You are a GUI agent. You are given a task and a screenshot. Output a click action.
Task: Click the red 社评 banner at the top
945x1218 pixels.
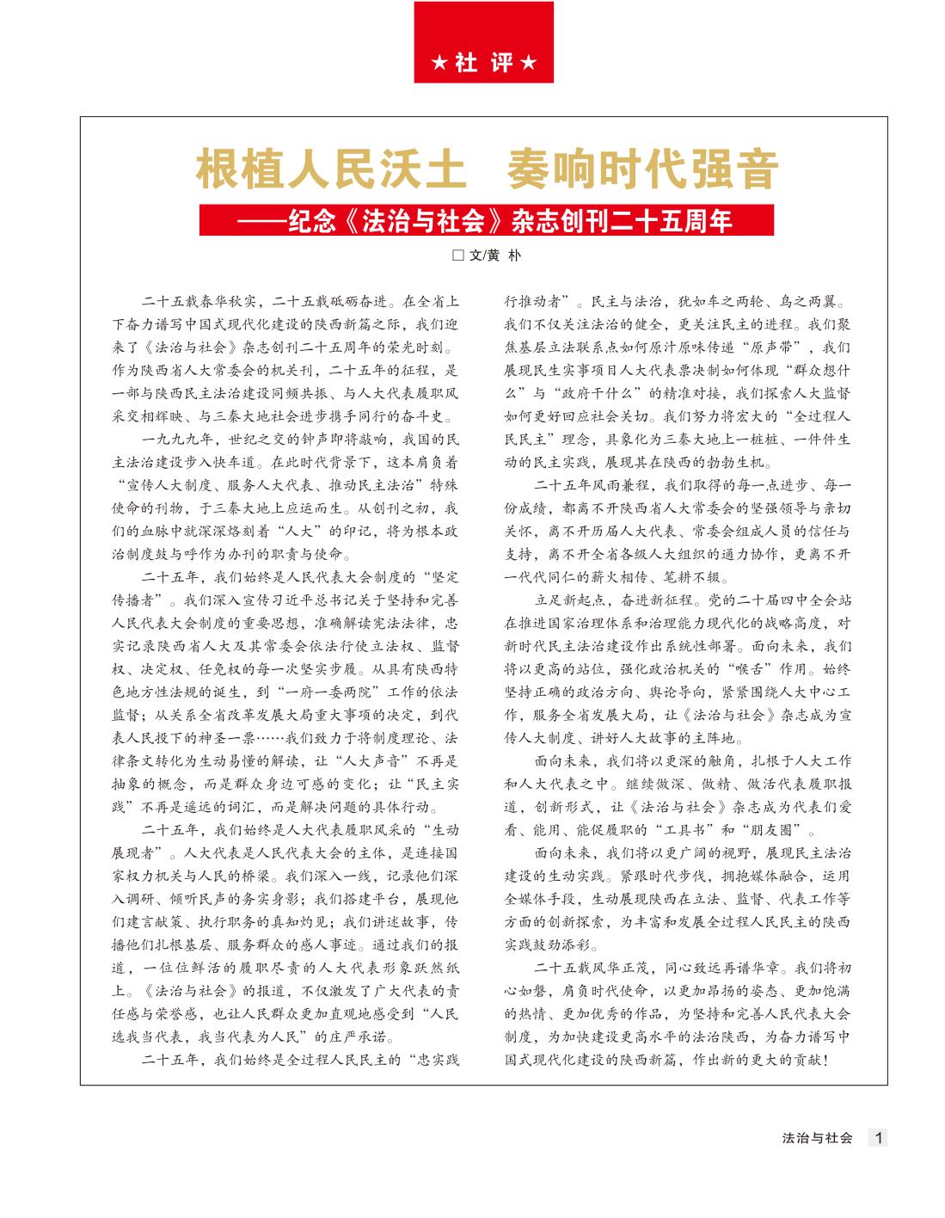click(x=483, y=42)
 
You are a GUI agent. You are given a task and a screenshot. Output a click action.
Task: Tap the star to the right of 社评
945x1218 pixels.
click(x=530, y=64)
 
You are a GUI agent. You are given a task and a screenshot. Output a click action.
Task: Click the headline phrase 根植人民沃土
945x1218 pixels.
click(x=332, y=169)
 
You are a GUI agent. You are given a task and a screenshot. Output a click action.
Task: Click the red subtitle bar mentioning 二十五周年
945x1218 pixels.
click(x=486, y=220)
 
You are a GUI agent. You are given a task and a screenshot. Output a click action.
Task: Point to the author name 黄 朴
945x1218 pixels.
click(x=504, y=255)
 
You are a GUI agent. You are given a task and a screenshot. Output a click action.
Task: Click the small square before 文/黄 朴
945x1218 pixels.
click(x=458, y=255)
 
